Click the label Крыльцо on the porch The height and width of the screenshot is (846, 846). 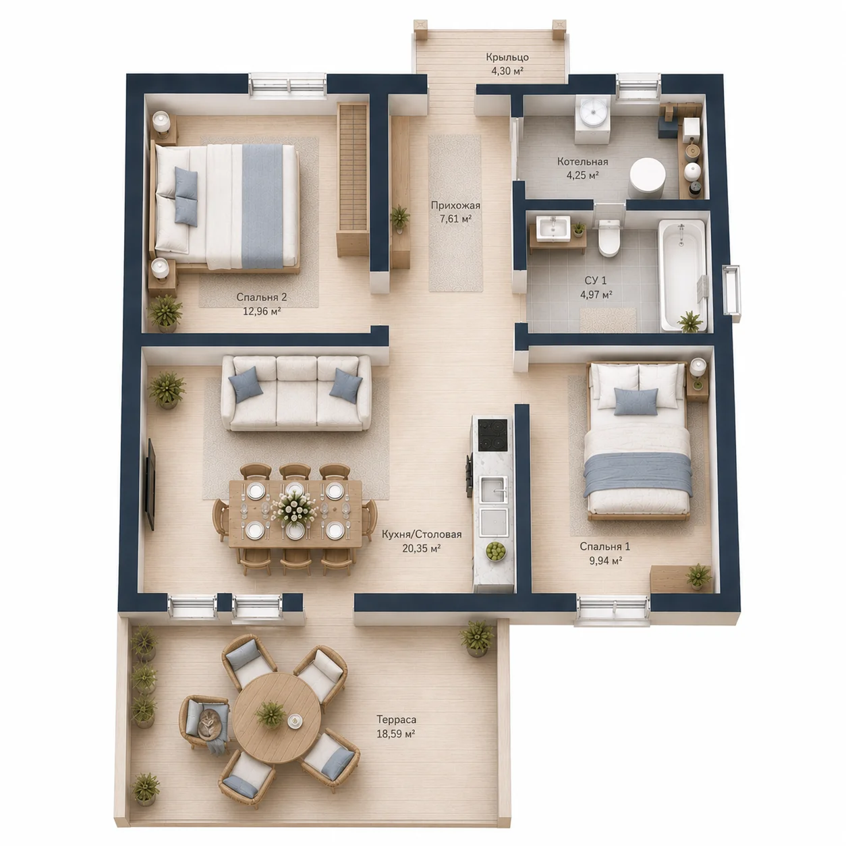[x=507, y=57]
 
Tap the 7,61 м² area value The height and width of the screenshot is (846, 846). [x=455, y=219]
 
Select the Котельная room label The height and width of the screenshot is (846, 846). [x=583, y=161]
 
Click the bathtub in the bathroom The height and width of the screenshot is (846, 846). [x=682, y=275]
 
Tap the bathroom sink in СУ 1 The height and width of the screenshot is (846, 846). [x=553, y=228]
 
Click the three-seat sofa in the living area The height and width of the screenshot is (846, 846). [x=296, y=393]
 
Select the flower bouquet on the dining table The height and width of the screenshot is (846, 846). [x=293, y=509]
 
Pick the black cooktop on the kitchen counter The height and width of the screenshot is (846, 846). [x=493, y=435]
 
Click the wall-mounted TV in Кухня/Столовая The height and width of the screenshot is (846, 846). [x=150, y=484]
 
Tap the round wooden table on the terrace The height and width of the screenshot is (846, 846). [x=277, y=717]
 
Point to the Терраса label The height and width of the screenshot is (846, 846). [x=396, y=720]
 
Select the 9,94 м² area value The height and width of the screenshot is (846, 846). [x=605, y=560]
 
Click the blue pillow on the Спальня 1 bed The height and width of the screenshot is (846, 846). [x=636, y=401]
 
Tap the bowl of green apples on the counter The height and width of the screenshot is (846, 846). [x=496, y=551]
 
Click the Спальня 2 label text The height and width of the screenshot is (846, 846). [x=261, y=298]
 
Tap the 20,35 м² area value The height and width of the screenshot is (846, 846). [x=422, y=548]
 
